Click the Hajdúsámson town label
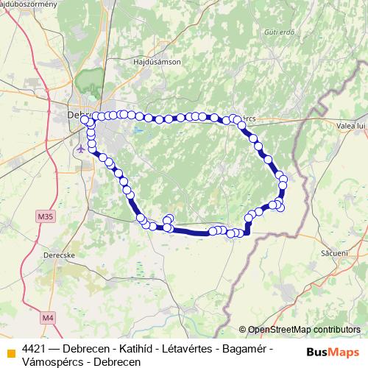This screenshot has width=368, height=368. [x=157, y=63]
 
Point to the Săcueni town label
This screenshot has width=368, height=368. [x=334, y=252]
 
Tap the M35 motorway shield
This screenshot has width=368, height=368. [x=45, y=216]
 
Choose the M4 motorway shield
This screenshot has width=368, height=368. [x=48, y=318]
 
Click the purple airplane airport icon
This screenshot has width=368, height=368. [x=79, y=147]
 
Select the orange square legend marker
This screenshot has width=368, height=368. [x=10, y=349]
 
